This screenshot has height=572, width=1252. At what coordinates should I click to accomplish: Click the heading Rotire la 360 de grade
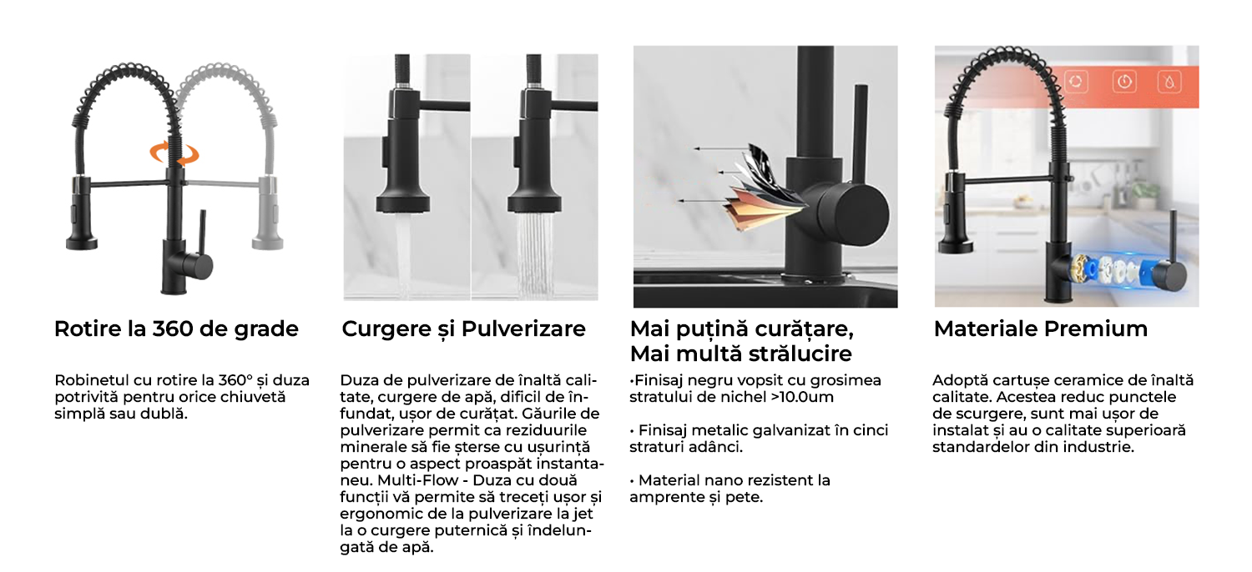click(x=176, y=329)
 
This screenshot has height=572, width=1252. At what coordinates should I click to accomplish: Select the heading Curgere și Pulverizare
click(x=463, y=329)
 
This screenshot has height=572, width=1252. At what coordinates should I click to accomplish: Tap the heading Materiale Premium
click(x=1041, y=329)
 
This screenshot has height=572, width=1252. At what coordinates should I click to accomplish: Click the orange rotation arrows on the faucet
click(x=174, y=153)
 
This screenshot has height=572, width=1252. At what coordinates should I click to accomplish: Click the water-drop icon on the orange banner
click(x=1169, y=82)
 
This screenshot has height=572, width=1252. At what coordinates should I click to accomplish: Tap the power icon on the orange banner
click(x=1124, y=82)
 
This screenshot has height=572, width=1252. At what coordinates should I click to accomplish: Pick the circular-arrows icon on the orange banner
click(x=1076, y=82)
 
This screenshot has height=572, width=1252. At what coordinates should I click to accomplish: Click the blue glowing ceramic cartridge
click(x=1113, y=271)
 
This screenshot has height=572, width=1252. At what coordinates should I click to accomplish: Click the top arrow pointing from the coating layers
click(x=721, y=148)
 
